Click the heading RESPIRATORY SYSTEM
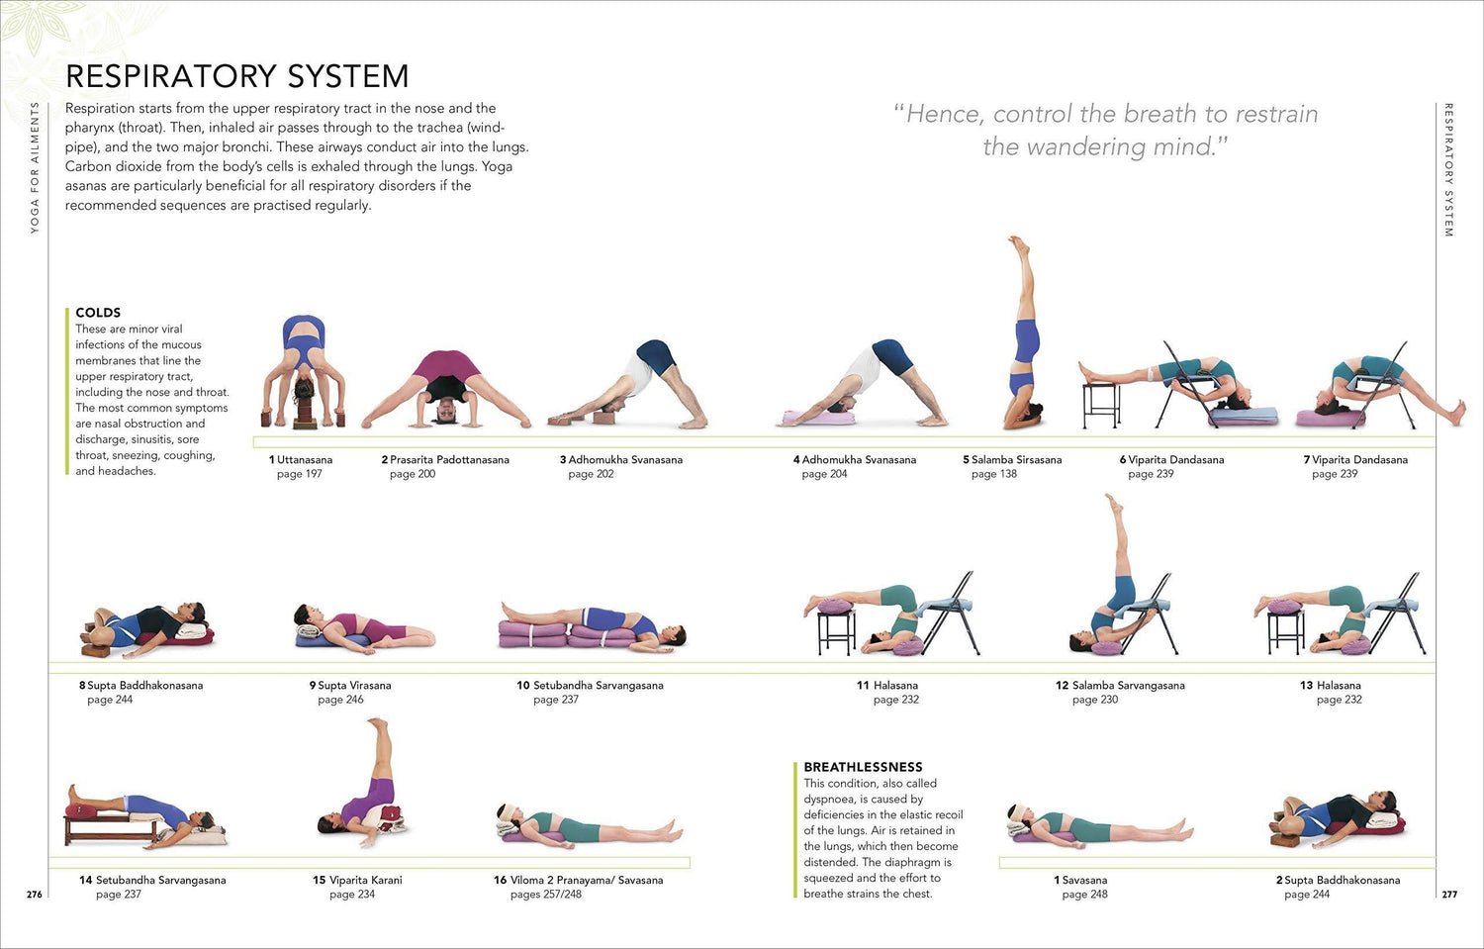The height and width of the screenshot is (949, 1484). pyautogui.click(x=237, y=75)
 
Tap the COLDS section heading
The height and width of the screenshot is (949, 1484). pyautogui.click(x=98, y=313)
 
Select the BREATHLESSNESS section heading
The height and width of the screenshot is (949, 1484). pyautogui.click(x=863, y=767)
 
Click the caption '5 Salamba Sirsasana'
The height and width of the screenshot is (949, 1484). pyautogui.click(x=1012, y=459)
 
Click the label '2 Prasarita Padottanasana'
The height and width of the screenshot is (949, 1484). pyautogui.click(x=445, y=459)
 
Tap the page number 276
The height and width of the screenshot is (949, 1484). pyautogui.click(x=35, y=894)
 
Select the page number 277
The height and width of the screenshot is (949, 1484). pyautogui.click(x=1449, y=894)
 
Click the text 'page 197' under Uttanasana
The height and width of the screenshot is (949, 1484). pyautogui.click(x=300, y=474)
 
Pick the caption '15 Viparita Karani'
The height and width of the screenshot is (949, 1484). pyautogui.click(x=357, y=880)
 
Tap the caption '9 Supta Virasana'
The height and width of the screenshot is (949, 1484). pyautogui.click(x=350, y=685)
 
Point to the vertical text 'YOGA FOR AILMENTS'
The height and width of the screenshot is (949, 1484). pyautogui.click(x=35, y=167)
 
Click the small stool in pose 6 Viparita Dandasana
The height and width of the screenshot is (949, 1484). pyautogui.click(x=1101, y=405)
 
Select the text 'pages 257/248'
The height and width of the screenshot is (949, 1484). pyautogui.click(x=546, y=894)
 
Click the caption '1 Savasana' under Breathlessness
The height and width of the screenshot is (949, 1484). pyautogui.click(x=1080, y=880)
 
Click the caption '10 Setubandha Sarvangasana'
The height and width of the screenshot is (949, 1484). pyautogui.click(x=590, y=685)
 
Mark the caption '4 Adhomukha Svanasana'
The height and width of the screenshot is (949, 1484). pyautogui.click(x=855, y=459)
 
